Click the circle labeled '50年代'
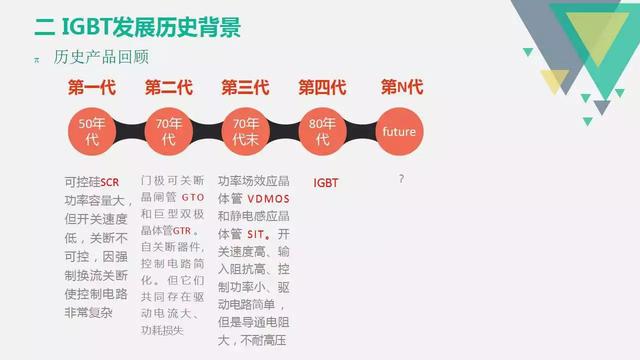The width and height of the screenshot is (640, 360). coord(91,131)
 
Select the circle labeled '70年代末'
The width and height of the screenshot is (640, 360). coord(246,131)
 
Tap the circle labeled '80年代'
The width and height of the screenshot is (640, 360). coord(322,131)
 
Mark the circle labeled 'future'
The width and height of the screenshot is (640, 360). coord(399,131)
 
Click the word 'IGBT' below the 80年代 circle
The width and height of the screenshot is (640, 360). coord(327,183)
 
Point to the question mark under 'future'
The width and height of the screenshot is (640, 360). coord(401,179)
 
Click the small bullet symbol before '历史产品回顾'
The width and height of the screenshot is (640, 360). coord(37,58)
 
